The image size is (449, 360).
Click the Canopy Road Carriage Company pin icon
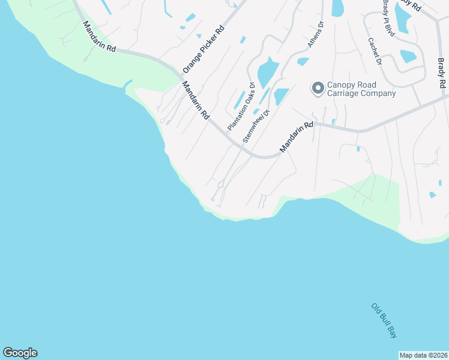318,89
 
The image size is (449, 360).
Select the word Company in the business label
378,94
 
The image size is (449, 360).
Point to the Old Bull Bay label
384,321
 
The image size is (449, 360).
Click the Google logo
20,353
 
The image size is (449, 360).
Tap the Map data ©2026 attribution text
423,355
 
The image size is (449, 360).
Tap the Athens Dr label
316,35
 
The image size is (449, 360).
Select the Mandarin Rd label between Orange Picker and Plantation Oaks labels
196,100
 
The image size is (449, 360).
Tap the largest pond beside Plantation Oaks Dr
267,73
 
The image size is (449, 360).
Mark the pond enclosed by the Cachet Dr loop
408,56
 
